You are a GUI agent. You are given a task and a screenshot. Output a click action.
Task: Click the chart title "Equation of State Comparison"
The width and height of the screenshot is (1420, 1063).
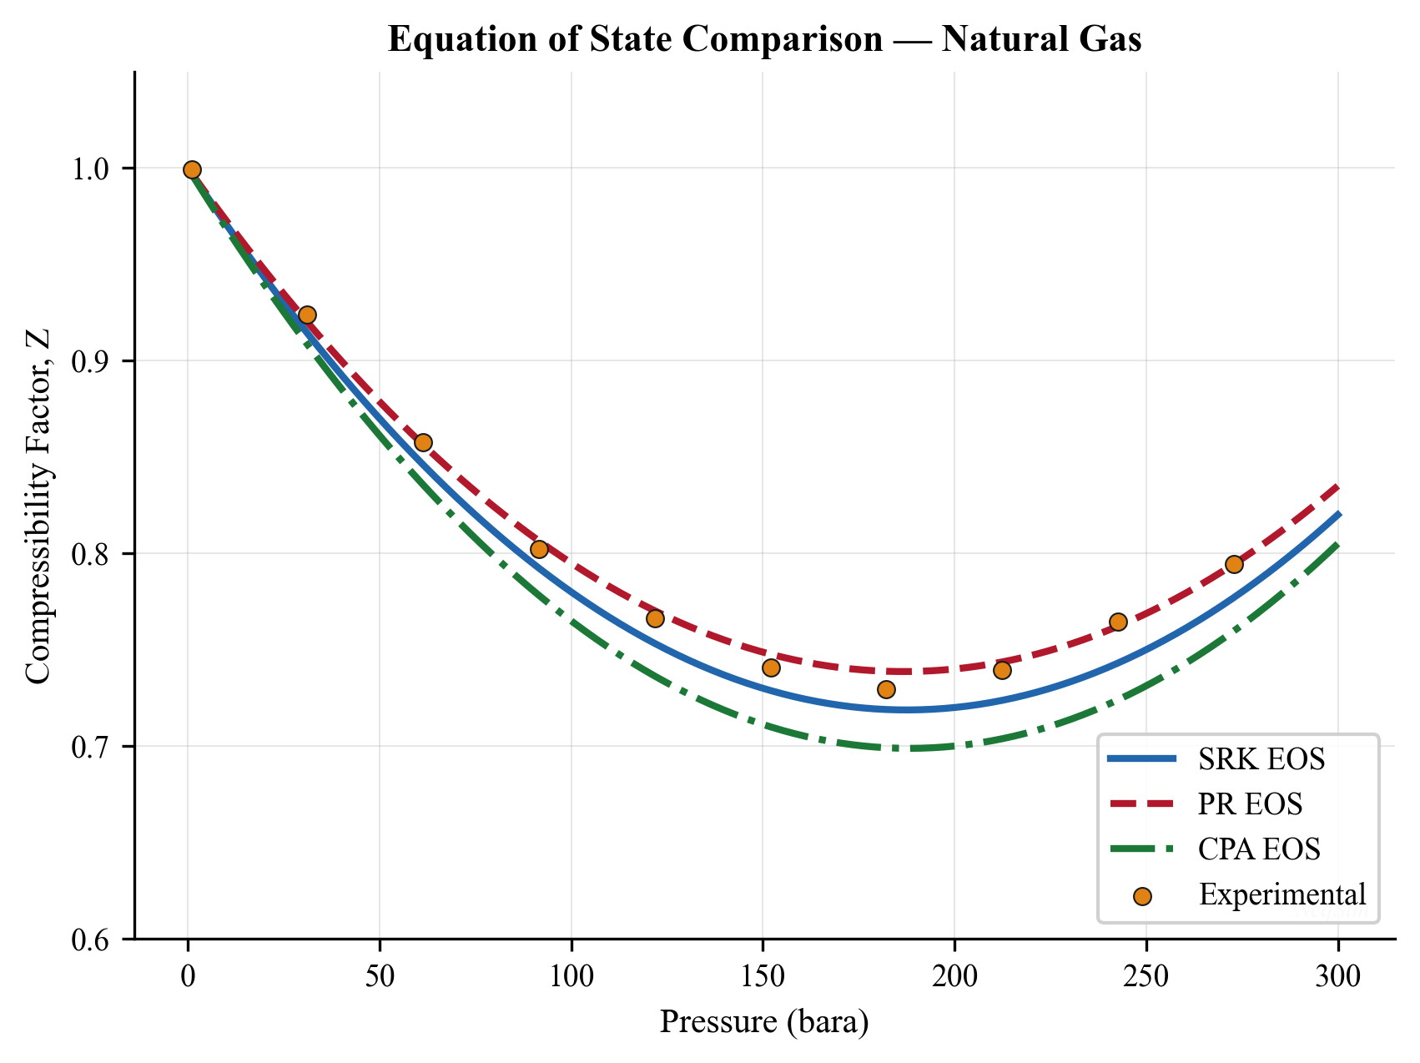coord(764,40)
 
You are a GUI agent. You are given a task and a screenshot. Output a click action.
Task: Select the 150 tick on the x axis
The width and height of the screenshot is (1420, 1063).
coord(763,975)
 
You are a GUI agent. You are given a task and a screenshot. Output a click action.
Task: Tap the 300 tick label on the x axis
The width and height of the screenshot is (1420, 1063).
coord(1338,975)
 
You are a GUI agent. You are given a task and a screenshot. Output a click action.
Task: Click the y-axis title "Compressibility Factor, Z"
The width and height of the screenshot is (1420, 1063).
coord(38,506)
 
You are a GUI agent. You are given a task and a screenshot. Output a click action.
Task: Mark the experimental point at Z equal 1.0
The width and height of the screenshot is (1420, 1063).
coord(192,169)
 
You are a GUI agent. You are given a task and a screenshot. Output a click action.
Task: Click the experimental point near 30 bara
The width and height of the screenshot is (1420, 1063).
coord(307,315)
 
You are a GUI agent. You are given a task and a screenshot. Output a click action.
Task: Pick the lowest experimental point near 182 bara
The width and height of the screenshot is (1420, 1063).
coord(886,689)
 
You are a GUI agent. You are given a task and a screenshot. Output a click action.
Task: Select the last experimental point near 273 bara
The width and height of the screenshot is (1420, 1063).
coord(1234,564)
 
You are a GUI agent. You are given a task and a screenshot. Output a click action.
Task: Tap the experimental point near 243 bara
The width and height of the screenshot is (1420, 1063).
coord(1118,622)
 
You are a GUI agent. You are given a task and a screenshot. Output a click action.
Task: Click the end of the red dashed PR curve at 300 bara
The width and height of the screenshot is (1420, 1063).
coord(1337,486)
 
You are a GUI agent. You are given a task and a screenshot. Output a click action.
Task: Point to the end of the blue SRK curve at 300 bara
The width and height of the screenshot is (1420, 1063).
coord(1337,514)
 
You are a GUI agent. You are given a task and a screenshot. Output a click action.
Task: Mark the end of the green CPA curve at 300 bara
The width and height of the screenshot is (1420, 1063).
coord(1337,544)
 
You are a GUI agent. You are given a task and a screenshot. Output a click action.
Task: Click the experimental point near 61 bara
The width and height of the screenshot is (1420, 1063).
coord(423,442)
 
